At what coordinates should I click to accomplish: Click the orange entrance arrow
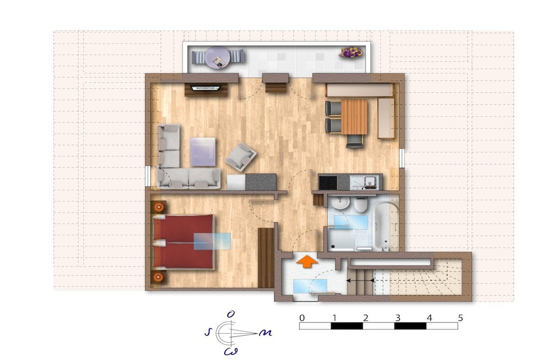tap(306, 261)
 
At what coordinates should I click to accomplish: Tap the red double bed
tap(183, 241)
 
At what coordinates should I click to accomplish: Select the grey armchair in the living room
tap(240, 157)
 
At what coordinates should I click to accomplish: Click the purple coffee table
tap(203, 152)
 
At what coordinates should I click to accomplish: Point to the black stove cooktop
tap(328, 182)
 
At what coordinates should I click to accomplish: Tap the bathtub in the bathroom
tap(386, 226)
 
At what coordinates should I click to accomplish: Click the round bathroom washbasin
tap(340, 203)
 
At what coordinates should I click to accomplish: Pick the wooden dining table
tap(354, 116)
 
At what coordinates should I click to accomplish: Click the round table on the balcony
tap(217, 58)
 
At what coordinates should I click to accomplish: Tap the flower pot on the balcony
tap(351, 53)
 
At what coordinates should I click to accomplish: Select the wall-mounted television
tap(206, 88)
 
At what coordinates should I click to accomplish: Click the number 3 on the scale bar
tap(398, 318)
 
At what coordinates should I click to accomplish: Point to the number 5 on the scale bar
tap(460, 317)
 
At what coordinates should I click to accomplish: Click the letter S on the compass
tap(208, 332)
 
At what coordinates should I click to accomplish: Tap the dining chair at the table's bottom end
tap(354, 141)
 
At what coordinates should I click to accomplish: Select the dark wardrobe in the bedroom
tap(266, 257)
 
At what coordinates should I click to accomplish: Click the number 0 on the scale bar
tap(302, 318)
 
